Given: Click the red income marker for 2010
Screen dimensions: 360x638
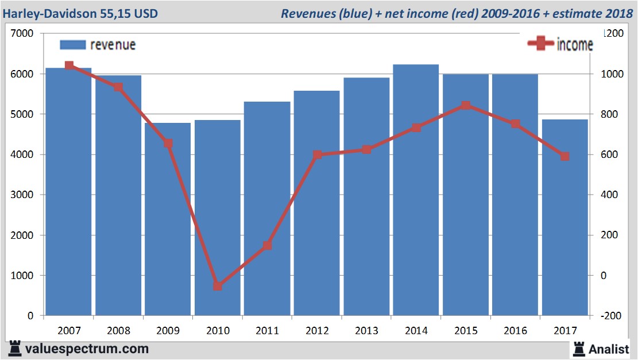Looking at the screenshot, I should pyautogui.click(x=218, y=286).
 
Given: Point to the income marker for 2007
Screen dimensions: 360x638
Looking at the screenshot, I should pyautogui.click(x=69, y=65).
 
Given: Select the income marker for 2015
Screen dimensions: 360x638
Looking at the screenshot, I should pyautogui.click(x=466, y=106).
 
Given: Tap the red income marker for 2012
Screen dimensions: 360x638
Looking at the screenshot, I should pyautogui.click(x=317, y=155).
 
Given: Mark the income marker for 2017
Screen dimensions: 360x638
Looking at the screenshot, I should pyautogui.click(x=565, y=156).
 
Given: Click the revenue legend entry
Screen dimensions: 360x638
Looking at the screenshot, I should pyautogui.click(x=98, y=45).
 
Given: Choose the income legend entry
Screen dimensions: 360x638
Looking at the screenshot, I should pyautogui.click(x=560, y=44).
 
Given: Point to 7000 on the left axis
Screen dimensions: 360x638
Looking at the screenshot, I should pyautogui.click(x=22, y=34).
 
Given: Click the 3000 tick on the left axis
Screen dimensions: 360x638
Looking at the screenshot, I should pyautogui.click(x=22, y=195).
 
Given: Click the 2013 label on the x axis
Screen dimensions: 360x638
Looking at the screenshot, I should pyautogui.click(x=366, y=331).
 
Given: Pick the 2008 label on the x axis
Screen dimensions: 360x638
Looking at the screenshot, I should pyautogui.click(x=118, y=331).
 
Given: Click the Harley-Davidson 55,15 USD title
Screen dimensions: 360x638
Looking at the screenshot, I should pyautogui.click(x=80, y=13).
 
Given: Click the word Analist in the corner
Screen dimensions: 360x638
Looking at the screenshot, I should pyautogui.click(x=608, y=349).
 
